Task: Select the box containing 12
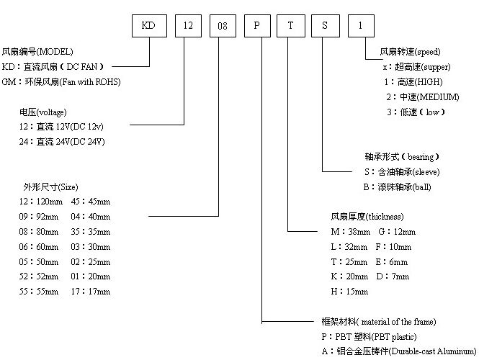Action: point(189,25)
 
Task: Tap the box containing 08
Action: point(223,25)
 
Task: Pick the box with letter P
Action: point(257,25)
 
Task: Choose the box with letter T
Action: point(291,25)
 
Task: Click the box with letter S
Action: point(326,25)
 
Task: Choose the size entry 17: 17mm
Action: point(90,292)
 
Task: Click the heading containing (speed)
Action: point(410,52)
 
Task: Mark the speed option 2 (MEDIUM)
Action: point(422,96)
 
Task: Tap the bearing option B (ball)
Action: point(398,187)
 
